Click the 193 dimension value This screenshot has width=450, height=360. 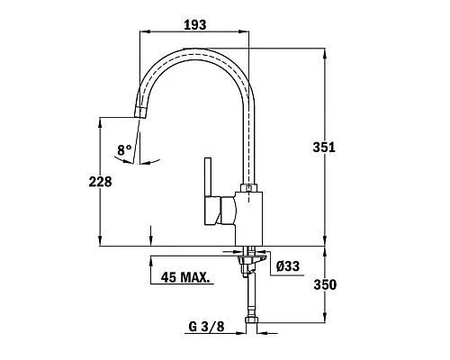click(195, 25)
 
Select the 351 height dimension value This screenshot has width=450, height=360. click(324, 148)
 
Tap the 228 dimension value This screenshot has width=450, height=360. click(100, 182)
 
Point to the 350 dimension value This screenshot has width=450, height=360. click(325, 284)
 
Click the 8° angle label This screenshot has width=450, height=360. click(124, 149)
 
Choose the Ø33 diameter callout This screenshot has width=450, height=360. click(288, 265)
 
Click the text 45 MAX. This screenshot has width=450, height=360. click(185, 277)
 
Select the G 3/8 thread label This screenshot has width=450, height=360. click(206, 327)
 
